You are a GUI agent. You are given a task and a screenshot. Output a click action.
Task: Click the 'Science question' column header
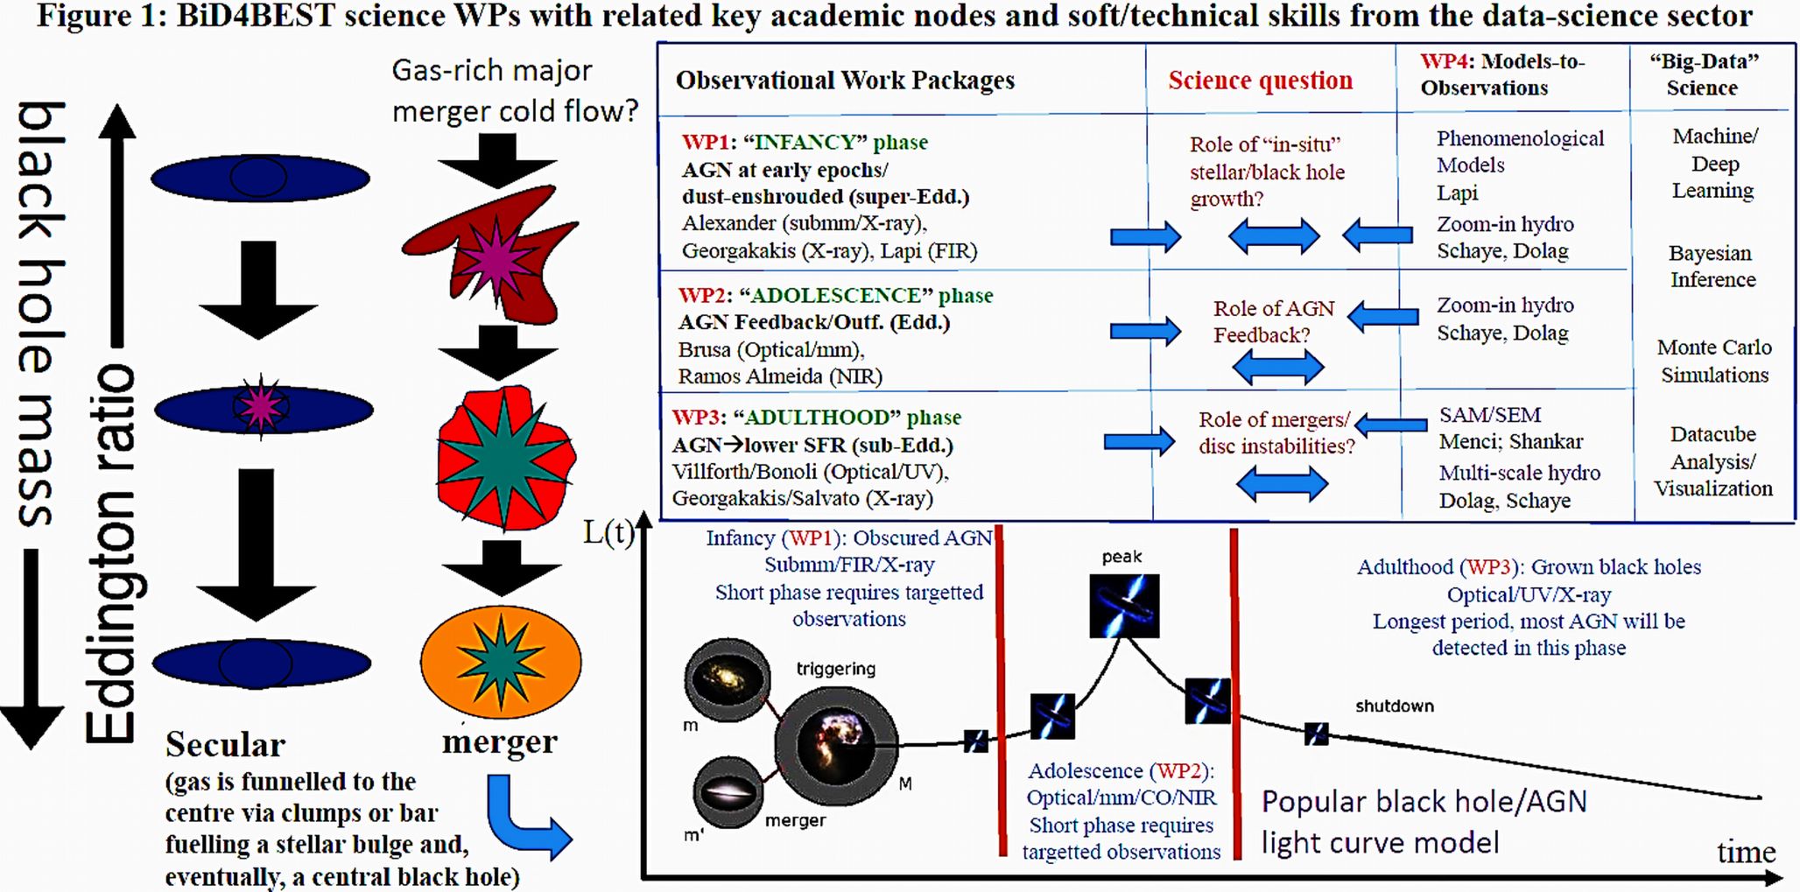(1260, 81)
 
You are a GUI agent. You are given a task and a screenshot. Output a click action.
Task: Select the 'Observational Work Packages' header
(845, 81)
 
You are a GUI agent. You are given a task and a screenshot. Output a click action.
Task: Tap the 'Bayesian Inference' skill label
(1712, 266)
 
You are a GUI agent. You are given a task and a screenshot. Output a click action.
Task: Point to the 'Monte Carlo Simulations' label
(1714, 361)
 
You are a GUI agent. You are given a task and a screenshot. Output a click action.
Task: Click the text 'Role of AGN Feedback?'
(1273, 321)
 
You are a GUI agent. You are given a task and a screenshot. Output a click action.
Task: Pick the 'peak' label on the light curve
(1121, 557)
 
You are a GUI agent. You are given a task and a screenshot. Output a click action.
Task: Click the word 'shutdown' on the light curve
(1394, 706)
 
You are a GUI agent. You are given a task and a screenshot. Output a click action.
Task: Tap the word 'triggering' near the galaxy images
(835, 669)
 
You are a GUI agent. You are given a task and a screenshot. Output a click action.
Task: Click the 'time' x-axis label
(1746, 852)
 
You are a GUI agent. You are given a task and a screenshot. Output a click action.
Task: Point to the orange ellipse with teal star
(501, 661)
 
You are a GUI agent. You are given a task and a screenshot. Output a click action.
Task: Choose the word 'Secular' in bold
(225, 744)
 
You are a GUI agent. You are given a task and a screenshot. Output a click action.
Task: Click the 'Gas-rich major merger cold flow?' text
(514, 90)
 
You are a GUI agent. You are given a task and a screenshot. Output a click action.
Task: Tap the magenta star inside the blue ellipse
(261, 406)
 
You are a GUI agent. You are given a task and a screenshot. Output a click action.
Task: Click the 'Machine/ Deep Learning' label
(1713, 164)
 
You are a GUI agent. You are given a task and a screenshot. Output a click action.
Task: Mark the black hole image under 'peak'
(1124, 606)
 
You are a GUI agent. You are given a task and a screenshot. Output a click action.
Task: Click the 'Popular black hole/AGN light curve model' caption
(1424, 822)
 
